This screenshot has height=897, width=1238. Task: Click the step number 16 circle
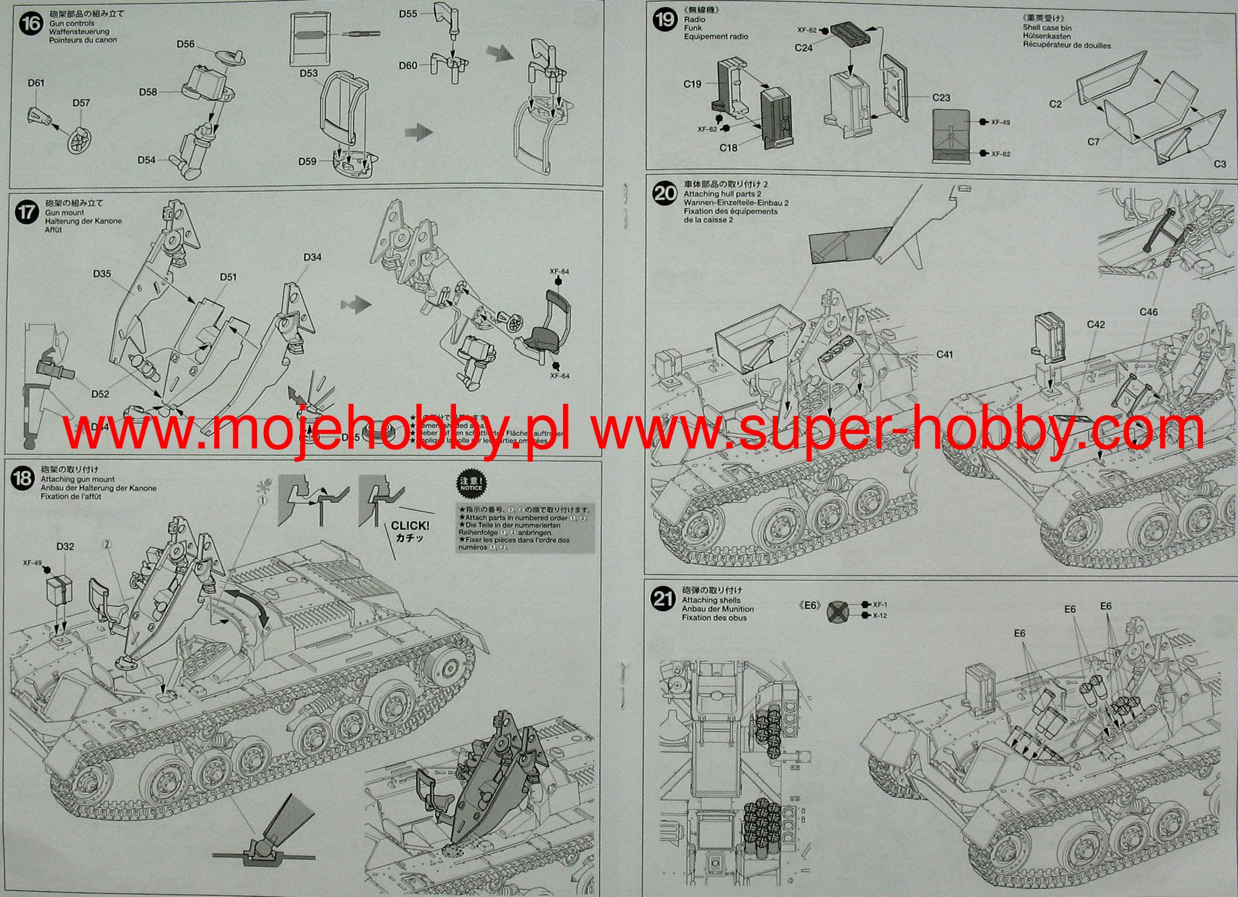click(30, 25)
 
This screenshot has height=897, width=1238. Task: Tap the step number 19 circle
click(665, 21)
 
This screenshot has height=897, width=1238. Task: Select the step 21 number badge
click(662, 598)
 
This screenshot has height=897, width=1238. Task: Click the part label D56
click(186, 44)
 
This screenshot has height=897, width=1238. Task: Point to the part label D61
click(36, 83)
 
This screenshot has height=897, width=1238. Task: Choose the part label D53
click(308, 73)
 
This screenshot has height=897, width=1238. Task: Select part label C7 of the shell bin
click(1093, 142)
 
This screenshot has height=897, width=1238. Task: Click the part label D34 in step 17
click(312, 257)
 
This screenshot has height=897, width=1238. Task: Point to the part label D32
click(65, 546)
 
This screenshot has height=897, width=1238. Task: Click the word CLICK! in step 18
click(409, 526)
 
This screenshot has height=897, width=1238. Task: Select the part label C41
click(944, 355)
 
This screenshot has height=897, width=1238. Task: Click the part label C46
click(1148, 312)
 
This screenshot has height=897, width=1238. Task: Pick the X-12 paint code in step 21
click(880, 616)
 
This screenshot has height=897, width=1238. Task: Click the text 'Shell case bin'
click(1047, 27)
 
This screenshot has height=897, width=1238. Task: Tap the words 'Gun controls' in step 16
click(71, 23)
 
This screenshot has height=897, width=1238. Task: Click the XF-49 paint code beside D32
click(32, 563)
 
